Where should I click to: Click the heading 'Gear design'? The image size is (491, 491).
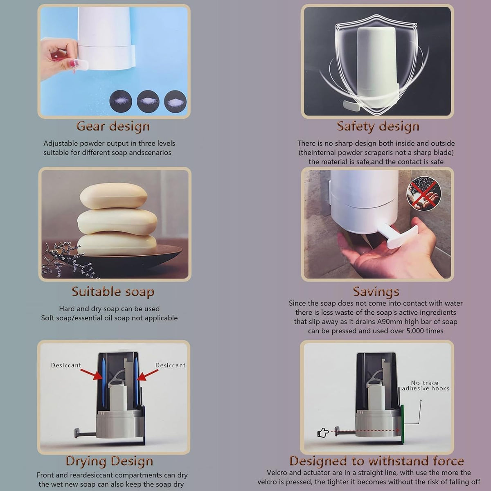click(x=113, y=126)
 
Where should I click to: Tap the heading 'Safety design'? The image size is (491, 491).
click(x=378, y=126)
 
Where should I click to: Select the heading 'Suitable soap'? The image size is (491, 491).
click(x=113, y=292)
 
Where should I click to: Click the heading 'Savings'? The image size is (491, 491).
click(x=376, y=292)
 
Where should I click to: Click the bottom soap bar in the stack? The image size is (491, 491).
click(x=117, y=245)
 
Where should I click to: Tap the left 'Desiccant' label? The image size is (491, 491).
click(x=66, y=365)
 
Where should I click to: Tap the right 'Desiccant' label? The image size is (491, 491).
click(x=170, y=365)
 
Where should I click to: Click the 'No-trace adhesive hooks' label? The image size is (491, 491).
click(x=426, y=385)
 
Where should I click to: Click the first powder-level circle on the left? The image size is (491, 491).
click(x=121, y=101)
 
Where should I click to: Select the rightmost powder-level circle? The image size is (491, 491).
click(x=175, y=101)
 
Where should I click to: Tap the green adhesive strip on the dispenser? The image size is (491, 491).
click(x=402, y=421)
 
